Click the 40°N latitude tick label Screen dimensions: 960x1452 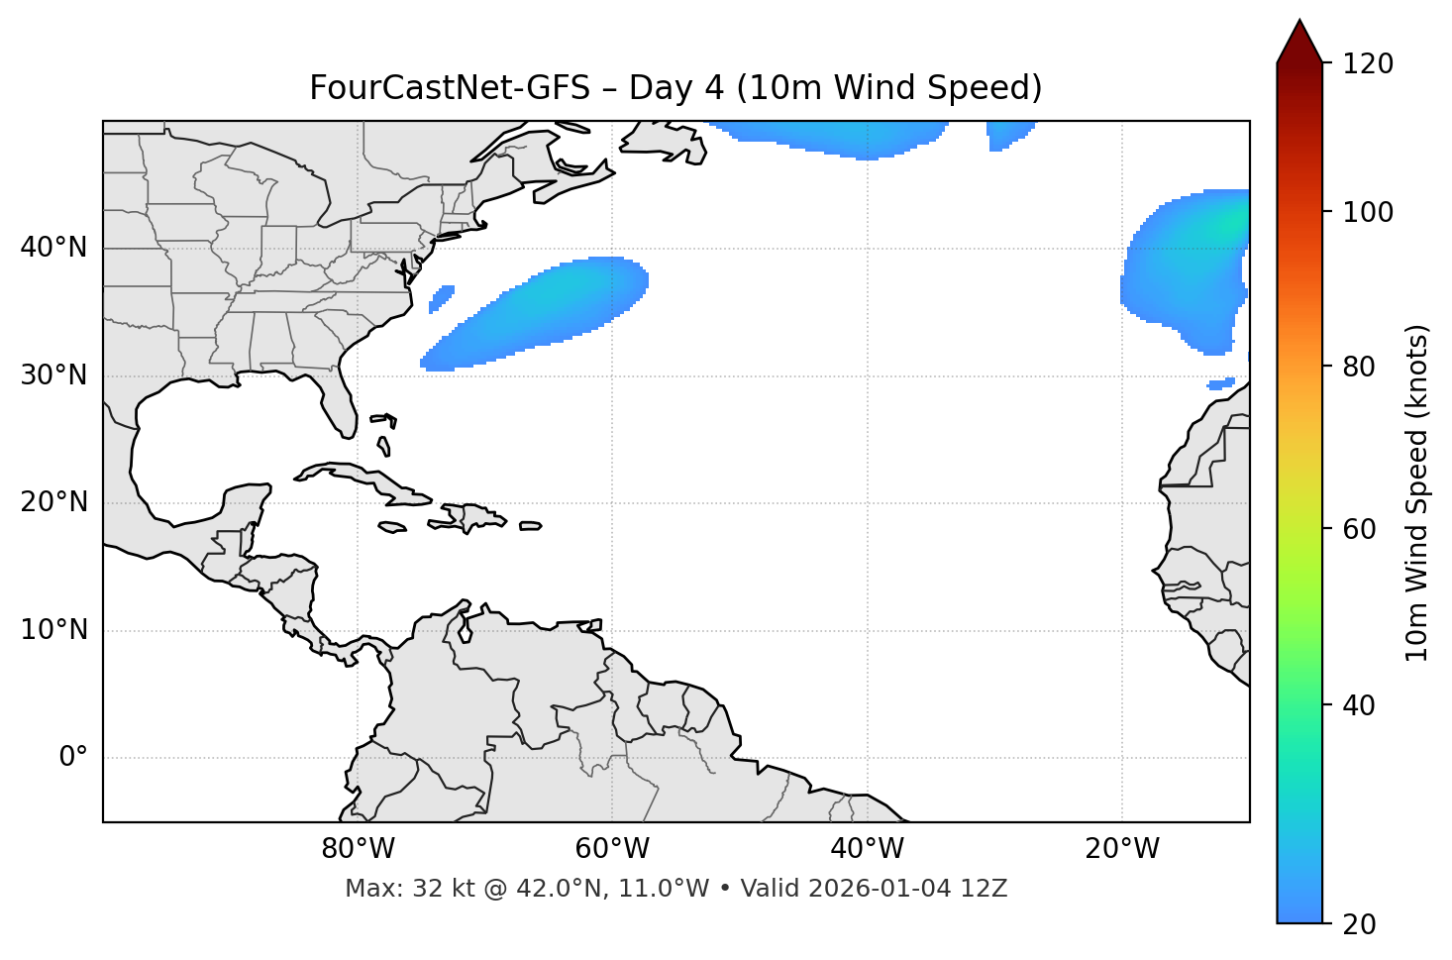[53, 248]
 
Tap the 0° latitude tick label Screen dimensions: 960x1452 [73, 758]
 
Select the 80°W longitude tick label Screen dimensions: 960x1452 [358, 849]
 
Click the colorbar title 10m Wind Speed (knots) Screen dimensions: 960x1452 [1417, 492]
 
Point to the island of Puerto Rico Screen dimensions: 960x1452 [530, 526]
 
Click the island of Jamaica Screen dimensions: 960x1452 [392, 527]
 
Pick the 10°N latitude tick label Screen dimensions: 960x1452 [53, 630]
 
